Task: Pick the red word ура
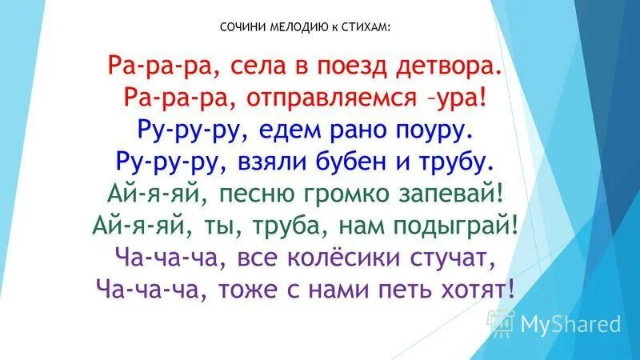(x=465, y=99)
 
